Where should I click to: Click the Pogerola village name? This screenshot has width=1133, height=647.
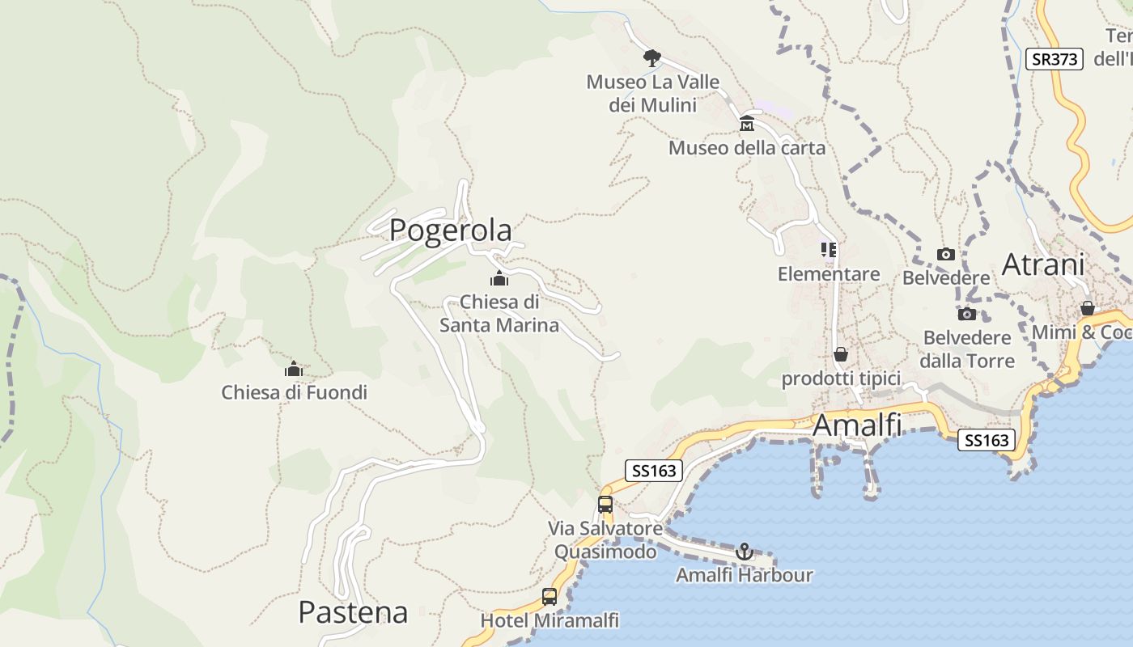pos(450,230)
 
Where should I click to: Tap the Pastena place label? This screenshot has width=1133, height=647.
pos(353,612)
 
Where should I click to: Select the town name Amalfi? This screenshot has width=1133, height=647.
pos(857,425)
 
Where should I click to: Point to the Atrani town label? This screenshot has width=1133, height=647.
pos(1043,264)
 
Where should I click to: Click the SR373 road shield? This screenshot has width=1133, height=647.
pos(1054,59)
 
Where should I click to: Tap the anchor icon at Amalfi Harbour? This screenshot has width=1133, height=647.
pos(744,552)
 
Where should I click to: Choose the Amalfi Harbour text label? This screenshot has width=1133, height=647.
pos(744,575)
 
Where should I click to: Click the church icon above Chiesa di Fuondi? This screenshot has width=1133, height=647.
pos(293,370)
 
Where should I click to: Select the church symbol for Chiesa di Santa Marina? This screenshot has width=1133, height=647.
pos(499,279)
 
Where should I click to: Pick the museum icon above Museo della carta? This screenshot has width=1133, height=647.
pos(747,124)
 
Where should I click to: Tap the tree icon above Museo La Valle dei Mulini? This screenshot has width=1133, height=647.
pos(651,57)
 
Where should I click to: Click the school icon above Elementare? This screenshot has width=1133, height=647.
pos(828,250)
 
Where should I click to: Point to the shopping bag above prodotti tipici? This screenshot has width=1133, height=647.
pos(841,354)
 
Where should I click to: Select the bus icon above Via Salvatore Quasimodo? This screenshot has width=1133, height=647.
pos(605,505)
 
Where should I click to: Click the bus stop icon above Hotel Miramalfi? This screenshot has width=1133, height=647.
pos(550,597)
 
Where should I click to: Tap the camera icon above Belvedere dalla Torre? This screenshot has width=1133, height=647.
pos(966,314)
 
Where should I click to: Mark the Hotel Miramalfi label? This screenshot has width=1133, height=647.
pos(550,620)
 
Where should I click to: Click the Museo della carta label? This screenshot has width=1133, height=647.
pos(746,148)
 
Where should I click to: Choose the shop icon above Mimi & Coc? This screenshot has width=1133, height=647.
pos(1088,308)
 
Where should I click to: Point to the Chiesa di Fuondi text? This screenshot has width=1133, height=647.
pos(294,393)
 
